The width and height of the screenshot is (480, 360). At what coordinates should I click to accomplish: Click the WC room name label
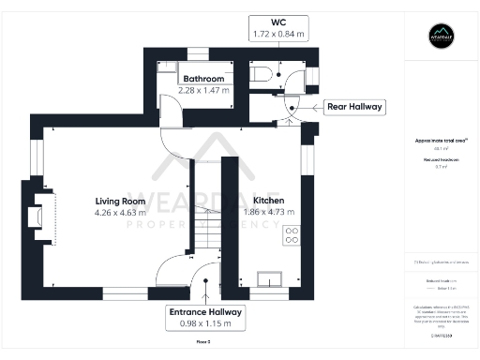point(278,21)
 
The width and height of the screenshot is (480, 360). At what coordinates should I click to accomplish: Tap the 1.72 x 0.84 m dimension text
point(278,34)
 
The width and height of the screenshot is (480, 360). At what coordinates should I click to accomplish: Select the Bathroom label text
point(203,79)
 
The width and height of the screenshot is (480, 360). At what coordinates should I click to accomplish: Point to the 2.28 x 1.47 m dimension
point(203,90)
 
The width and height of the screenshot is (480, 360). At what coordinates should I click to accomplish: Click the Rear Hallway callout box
point(354,107)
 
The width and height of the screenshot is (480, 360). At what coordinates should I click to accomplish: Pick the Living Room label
point(120,201)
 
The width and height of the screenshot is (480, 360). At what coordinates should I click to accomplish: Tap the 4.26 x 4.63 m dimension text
point(120,213)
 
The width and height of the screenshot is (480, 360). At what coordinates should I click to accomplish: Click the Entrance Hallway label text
point(205,311)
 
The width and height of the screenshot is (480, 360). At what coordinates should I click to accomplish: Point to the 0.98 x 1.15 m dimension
point(205,323)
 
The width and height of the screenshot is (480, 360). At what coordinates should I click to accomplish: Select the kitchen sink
point(270,277)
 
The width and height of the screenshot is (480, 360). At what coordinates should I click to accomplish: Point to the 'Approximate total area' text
point(441,141)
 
